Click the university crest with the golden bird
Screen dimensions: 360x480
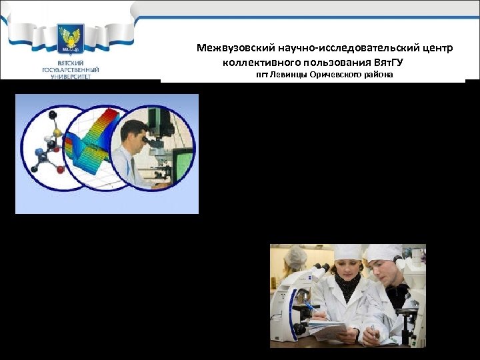(70, 42)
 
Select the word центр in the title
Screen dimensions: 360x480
(438, 49)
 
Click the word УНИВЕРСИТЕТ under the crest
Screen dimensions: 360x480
(70, 77)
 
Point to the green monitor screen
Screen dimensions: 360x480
(181, 160)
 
